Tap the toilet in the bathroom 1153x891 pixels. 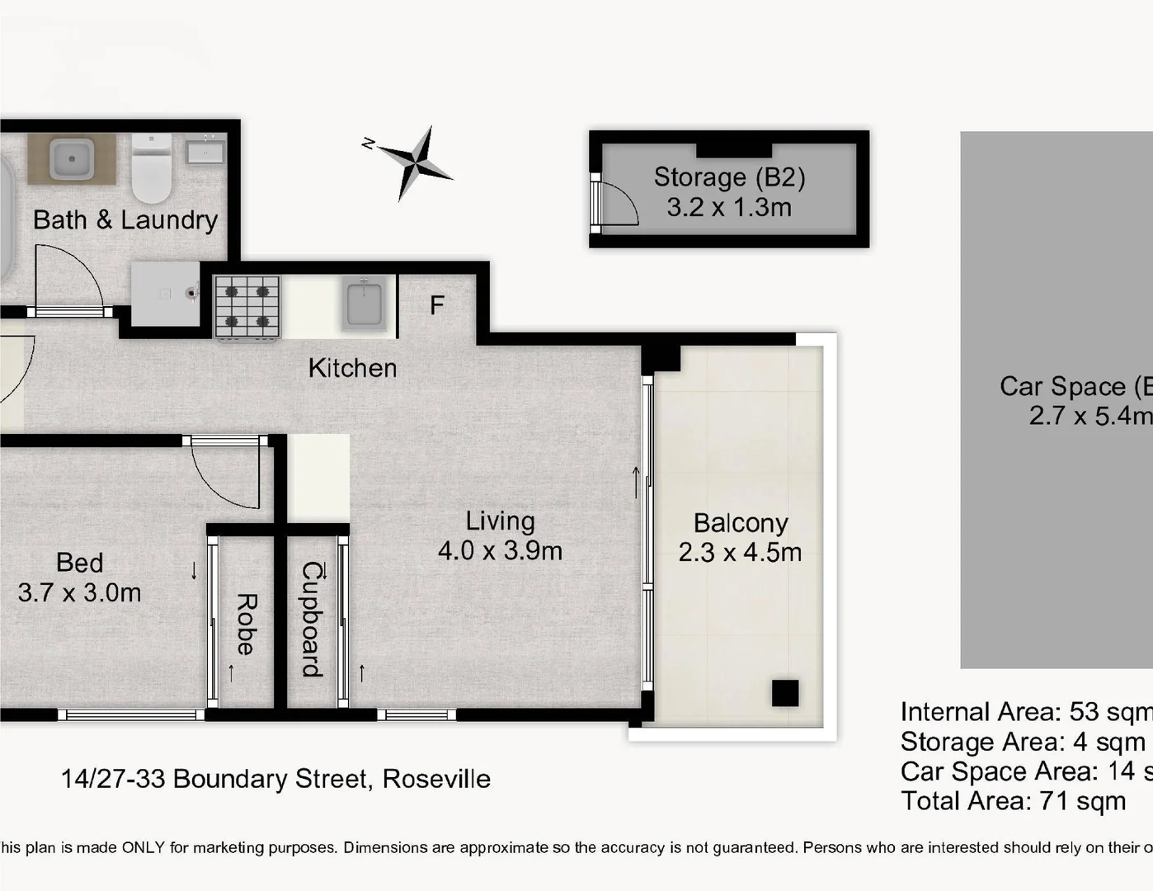[x=151, y=170]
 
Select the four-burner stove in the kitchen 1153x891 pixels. [x=247, y=307]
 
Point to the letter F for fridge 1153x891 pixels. [x=436, y=306]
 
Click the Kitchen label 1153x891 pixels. [x=352, y=368]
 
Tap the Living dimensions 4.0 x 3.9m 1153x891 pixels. [x=500, y=550]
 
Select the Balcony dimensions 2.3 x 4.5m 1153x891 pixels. [x=740, y=552]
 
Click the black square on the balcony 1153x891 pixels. [x=785, y=693]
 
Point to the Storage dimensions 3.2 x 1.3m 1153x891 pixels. [x=729, y=207]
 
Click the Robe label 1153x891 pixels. [x=246, y=624]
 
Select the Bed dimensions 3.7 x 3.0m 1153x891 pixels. [x=79, y=592]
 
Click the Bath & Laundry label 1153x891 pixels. [x=125, y=220]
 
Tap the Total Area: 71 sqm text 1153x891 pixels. [x=1013, y=801]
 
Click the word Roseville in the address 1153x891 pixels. [x=436, y=779]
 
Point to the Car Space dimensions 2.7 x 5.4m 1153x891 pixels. [x=1089, y=415]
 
